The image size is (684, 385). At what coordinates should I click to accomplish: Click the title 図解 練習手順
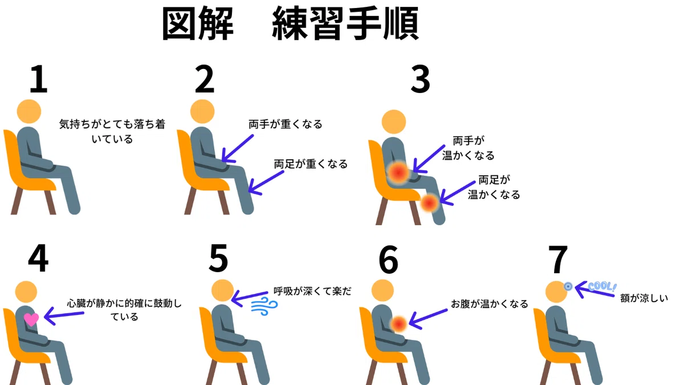(290, 24)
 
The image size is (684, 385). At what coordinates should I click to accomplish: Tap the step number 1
(39, 79)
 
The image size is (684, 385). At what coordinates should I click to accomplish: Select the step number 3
(421, 79)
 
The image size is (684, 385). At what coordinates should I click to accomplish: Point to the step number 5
(218, 258)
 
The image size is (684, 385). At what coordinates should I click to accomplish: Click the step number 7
(558, 260)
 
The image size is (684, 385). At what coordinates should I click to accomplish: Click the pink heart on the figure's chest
(31, 319)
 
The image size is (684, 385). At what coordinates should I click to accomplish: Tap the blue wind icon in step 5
(264, 306)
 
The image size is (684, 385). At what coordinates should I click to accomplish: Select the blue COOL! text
(602, 286)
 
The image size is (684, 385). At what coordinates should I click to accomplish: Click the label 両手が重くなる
(285, 124)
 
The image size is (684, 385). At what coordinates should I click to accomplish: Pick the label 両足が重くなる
(311, 164)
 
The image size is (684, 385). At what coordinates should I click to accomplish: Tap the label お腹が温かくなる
(489, 304)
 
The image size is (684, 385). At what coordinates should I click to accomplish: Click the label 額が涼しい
(644, 298)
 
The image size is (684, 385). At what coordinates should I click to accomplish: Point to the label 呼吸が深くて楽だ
(312, 291)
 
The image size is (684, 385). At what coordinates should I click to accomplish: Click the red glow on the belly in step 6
(399, 324)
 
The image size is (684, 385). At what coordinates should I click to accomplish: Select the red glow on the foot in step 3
(429, 203)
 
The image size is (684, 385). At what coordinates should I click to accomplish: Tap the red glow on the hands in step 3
(398, 173)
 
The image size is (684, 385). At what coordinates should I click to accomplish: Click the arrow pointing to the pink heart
(64, 316)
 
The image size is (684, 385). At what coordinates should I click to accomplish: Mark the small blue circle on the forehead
(568, 286)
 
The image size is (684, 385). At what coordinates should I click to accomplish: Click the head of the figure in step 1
(29, 111)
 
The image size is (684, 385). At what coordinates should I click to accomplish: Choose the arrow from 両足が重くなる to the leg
(266, 183)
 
